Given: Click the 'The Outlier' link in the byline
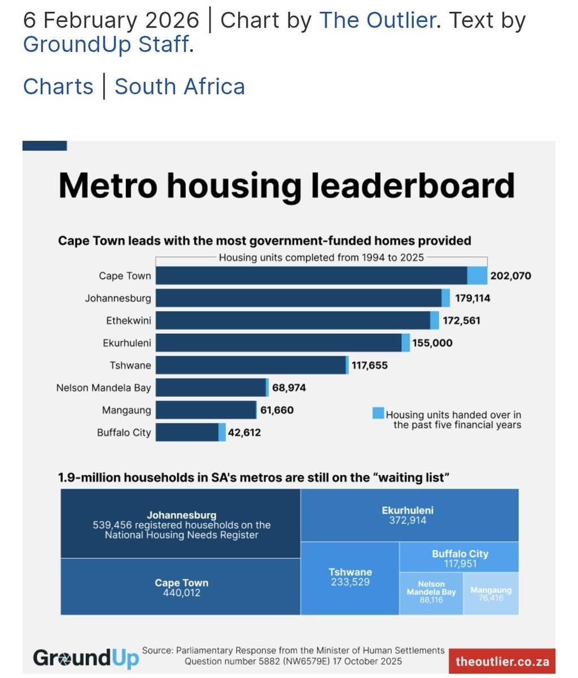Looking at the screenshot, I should [377, 20].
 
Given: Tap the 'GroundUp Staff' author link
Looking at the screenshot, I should [106, 44].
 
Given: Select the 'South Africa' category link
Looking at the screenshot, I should [179, 86].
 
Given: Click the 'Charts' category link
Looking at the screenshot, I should [58, 86].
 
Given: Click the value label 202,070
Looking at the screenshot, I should [510, 276].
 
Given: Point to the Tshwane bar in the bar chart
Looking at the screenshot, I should [251, 365].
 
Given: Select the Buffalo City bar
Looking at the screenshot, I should [187, 432].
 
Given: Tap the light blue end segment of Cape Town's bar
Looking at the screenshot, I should [477, 276].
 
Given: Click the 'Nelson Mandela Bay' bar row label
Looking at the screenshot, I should [103, 388].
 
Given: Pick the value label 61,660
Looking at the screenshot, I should [277, 410].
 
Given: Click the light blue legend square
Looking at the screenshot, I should [378, 413].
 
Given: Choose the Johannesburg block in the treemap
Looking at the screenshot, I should [181, 524].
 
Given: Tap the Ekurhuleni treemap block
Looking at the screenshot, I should [409, 515].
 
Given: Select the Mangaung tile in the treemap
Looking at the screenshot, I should [491, 593].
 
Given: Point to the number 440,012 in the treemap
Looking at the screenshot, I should [182, 593].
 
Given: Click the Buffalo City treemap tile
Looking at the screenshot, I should [459, 558].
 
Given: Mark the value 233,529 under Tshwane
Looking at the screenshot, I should [350, 582].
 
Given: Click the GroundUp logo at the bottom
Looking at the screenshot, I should [86, 658].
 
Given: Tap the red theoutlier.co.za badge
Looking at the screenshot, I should [502, 661].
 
